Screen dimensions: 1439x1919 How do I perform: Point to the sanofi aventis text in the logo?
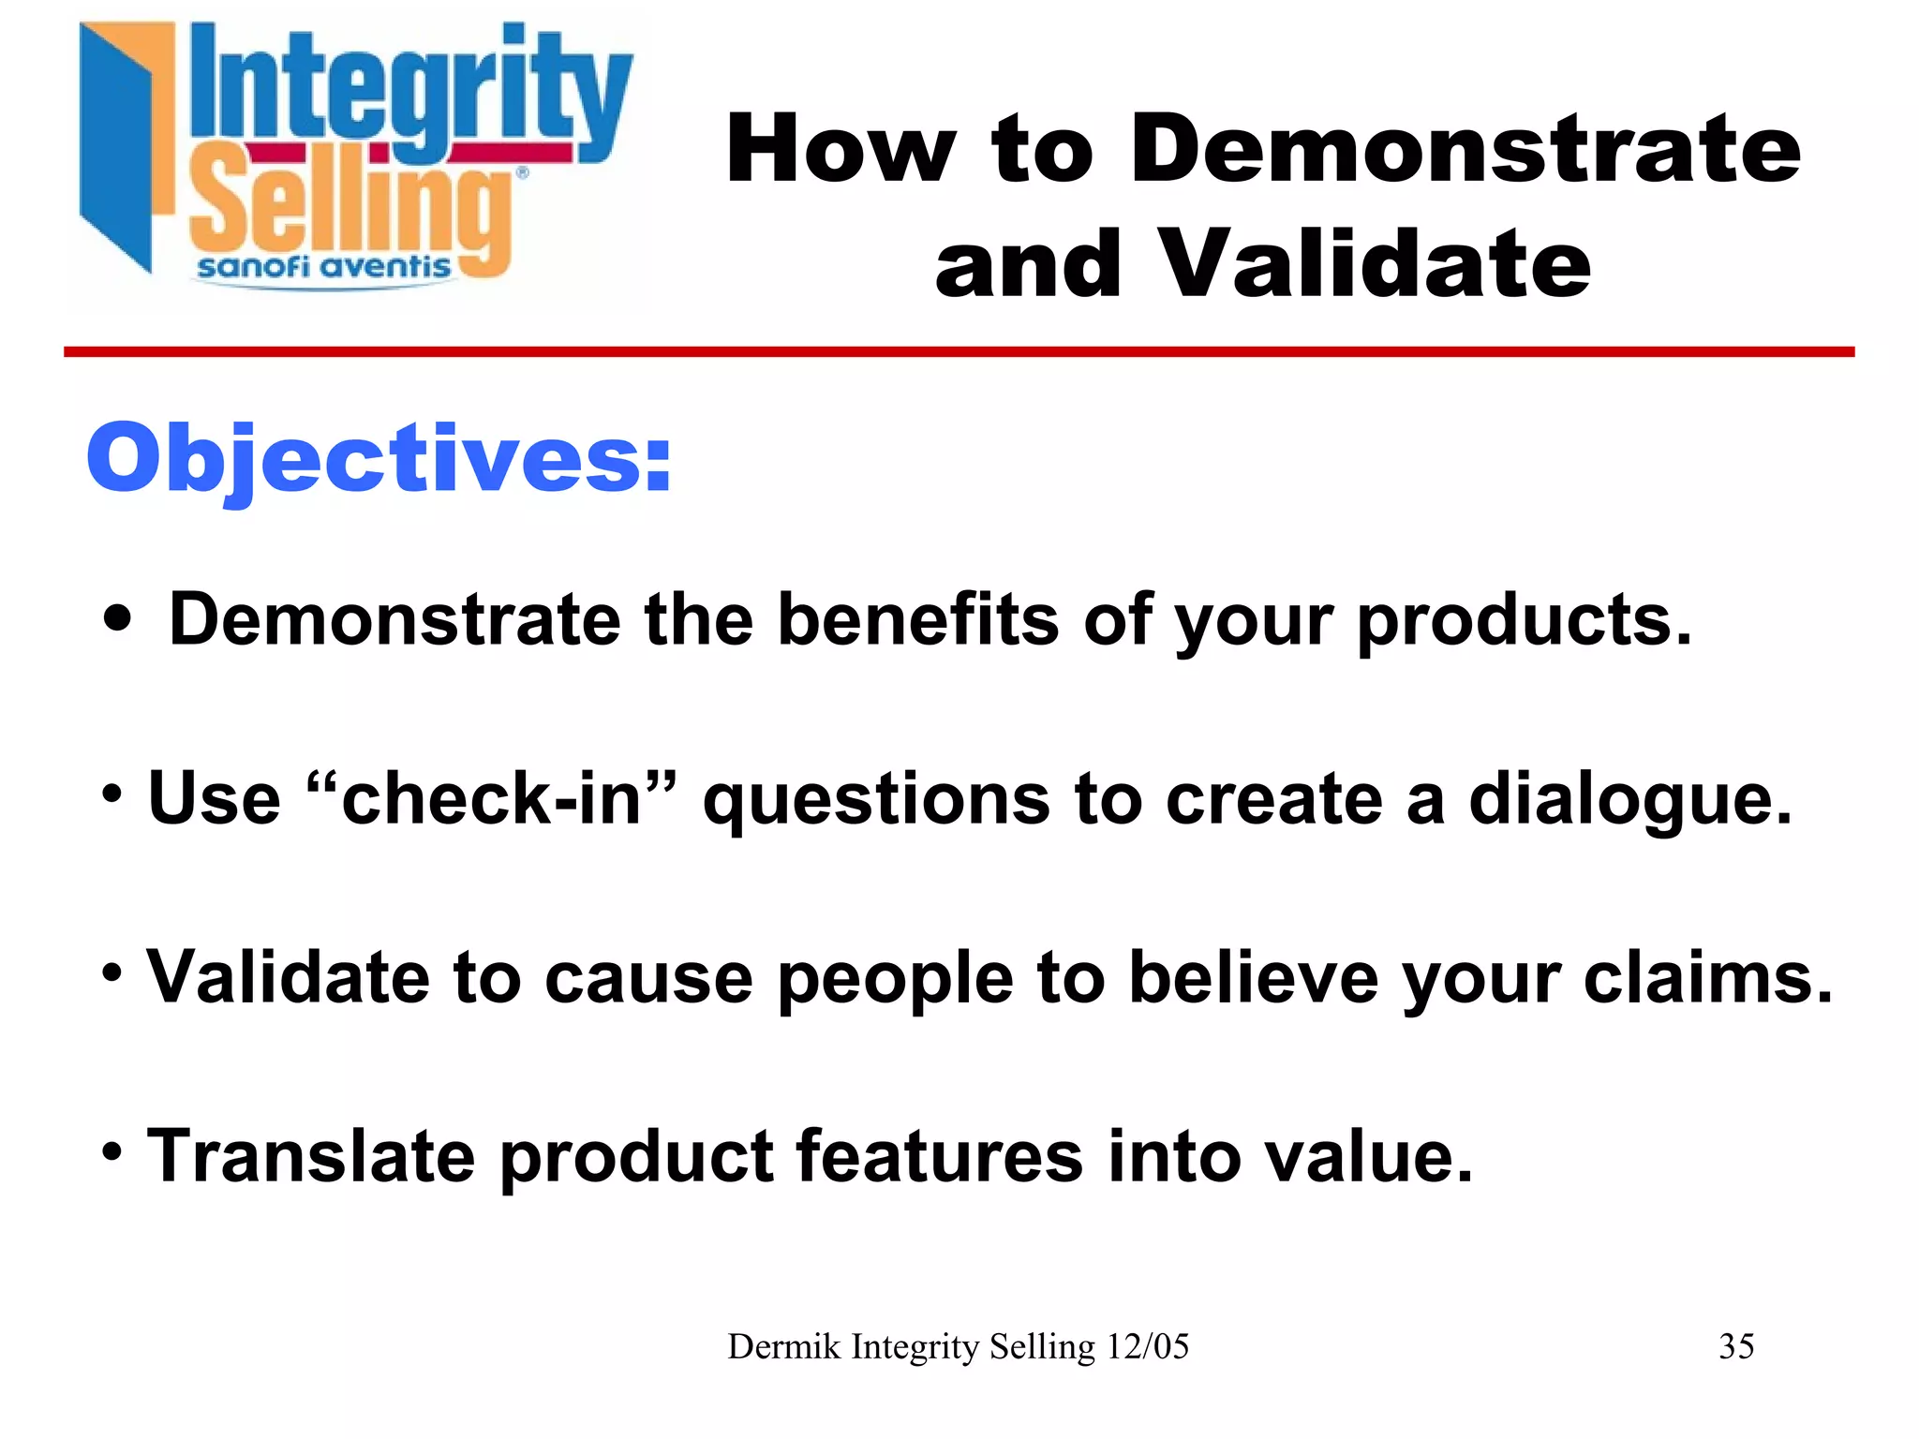click(323, 268)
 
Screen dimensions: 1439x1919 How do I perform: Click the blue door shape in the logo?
click(117, 150)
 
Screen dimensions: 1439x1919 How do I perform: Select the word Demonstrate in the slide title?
click(1465, 150)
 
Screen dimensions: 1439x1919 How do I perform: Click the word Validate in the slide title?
click(1375, 265)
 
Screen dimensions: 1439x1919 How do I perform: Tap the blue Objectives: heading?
click(379, 459)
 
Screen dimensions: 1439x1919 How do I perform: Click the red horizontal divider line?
click(959, 352)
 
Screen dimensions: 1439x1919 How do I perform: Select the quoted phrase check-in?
click(491, 798)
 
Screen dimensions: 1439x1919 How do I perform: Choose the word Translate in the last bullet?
click(311, 1156)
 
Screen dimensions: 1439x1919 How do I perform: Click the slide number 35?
click(1736, 1346)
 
